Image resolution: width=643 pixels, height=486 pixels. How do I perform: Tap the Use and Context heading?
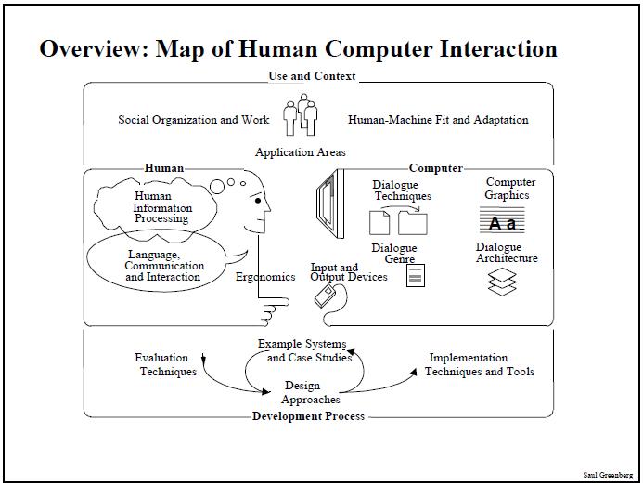click(312, 76)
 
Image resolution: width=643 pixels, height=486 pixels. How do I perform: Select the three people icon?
click(301, 114)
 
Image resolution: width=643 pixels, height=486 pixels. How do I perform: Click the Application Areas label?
click(301, 152)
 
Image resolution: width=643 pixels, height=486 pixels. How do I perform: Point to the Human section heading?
click(164, 168)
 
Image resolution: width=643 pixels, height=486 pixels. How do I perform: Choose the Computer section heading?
click(436, 168)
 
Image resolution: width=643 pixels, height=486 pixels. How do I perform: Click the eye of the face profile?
click(258, 201)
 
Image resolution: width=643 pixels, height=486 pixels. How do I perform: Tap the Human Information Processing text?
click(162, 207)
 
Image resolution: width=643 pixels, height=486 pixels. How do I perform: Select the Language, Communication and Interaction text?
click(164, 266)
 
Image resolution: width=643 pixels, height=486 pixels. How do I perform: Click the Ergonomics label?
click(265, 277)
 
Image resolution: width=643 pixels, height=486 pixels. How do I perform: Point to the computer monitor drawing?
click(330, 204)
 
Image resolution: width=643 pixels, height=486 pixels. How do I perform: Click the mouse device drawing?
click(325, 296)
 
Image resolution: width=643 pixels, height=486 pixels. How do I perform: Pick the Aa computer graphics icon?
click(502, 220)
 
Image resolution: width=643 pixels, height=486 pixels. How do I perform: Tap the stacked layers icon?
click(502, 282)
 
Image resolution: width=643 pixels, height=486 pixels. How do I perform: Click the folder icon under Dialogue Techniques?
click(413, 223)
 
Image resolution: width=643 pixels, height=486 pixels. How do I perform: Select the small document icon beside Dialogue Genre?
click(416, 275)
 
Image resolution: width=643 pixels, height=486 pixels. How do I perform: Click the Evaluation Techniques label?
click(166, 364)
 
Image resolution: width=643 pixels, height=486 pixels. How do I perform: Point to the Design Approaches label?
click(311, 392)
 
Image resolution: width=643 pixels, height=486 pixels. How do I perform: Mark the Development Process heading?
click(308, 416)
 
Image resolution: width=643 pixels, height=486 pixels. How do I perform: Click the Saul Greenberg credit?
click(608, 475)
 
